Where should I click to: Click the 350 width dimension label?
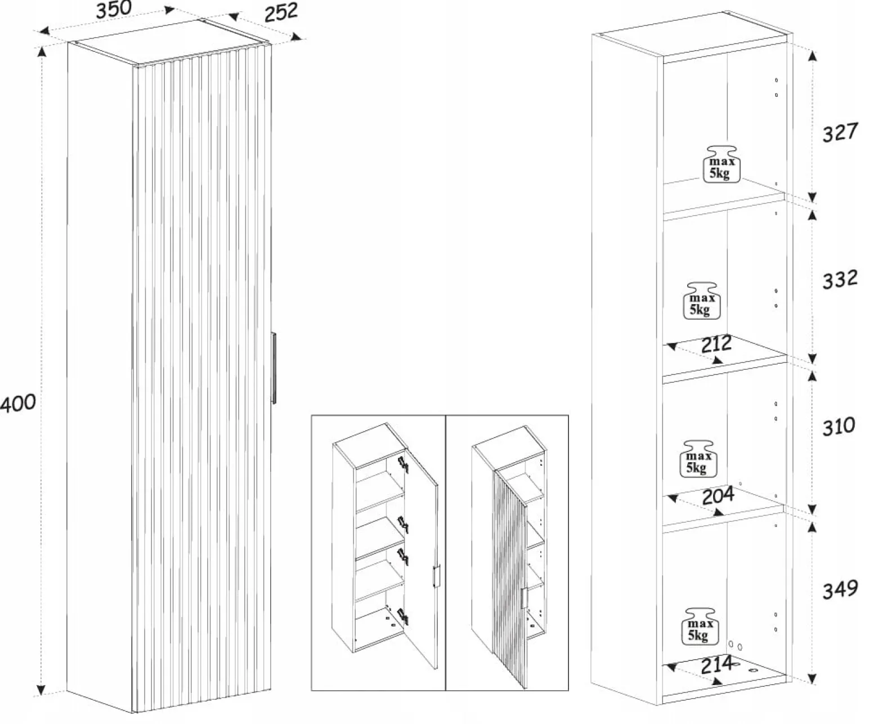[114, 10]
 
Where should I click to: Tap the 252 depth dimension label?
[281, 12]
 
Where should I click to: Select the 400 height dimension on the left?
[18, 403]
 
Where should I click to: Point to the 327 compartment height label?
[840, 132]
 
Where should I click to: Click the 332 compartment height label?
[840, 279]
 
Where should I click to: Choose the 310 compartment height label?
[839, 426]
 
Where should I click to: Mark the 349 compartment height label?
[840, 589]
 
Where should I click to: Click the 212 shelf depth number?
[716, 344]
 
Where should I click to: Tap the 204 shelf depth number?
[718, 495]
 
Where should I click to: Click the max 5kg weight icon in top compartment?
[722, 164]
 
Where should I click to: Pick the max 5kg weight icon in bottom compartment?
[700, 627]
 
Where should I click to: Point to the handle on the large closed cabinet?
[274, 368]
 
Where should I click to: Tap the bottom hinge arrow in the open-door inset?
[403, 616]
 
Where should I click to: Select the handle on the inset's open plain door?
[436, 576]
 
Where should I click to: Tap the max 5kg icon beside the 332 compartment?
[701, 301]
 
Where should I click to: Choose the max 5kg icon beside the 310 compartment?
[698, 459]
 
